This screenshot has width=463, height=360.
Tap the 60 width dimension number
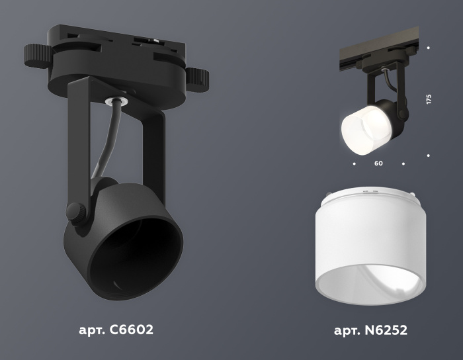click(x=378, y=163)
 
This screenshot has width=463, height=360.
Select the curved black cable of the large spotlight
click(x=106, y=142)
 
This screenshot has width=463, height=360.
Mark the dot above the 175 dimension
click(x=429, y=48)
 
